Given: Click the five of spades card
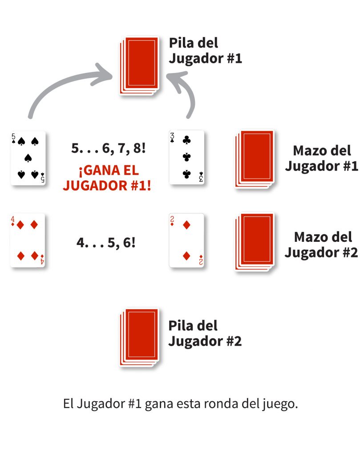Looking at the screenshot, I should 28,158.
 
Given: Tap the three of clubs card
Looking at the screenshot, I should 186,157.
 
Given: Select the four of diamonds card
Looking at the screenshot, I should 28,240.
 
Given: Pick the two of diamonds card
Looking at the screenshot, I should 186,240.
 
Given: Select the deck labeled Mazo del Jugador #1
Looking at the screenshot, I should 255,159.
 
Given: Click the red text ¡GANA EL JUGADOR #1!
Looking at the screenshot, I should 107,178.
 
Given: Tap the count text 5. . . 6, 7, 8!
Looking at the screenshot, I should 108,148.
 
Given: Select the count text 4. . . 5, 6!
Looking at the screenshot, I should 106,243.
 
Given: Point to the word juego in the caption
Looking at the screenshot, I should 278,405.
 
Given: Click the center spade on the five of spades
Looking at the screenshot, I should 28,158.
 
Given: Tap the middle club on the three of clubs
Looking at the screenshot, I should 187,157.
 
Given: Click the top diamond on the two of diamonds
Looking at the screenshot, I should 187,225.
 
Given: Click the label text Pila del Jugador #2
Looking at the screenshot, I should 205,334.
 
